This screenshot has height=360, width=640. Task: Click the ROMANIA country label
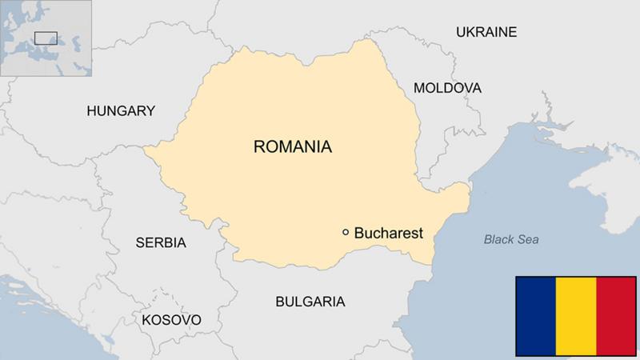292,147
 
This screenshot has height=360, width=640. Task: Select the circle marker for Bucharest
346,232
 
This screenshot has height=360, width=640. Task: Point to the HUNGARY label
120,111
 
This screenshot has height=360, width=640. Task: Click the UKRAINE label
486,32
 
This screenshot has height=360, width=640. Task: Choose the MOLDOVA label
447,87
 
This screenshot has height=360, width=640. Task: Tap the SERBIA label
160,242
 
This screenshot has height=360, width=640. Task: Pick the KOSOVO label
170,320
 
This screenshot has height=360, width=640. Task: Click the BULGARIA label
310,302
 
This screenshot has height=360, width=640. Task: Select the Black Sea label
512,239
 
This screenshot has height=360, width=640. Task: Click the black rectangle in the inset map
46,38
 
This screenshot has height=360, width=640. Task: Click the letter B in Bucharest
358,233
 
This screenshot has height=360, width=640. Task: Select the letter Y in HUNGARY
150,111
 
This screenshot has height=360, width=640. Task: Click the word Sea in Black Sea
528,239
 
